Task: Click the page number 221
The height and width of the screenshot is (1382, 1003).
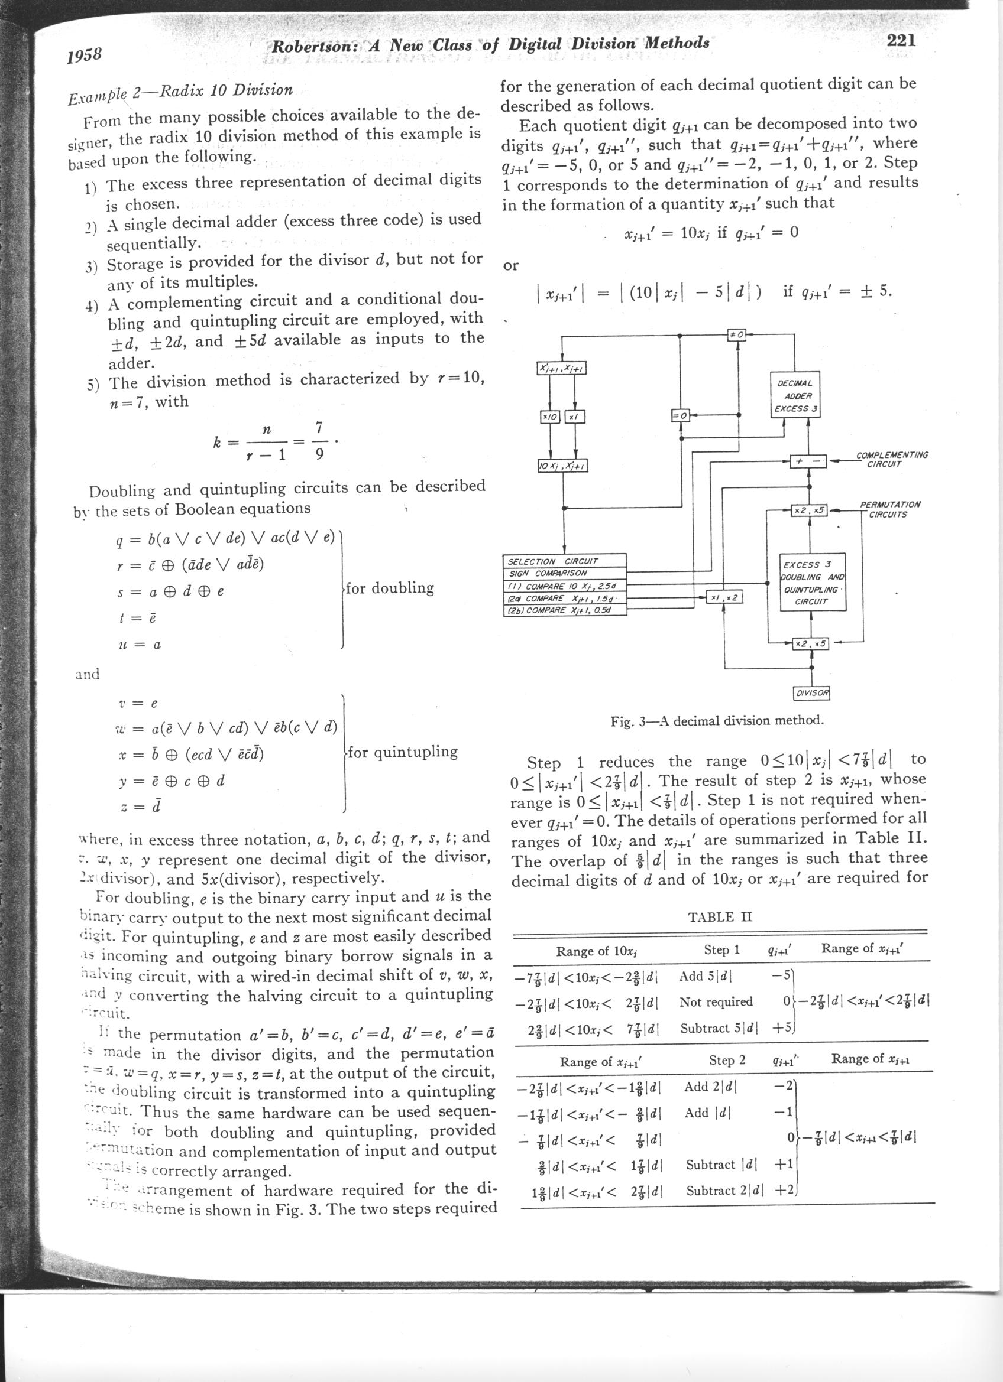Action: point(901,40)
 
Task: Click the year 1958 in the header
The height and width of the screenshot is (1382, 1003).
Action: point(84,56)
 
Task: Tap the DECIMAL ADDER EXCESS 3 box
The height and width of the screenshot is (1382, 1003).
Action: point(795,395)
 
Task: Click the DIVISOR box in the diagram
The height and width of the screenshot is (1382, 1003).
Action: point(812,693)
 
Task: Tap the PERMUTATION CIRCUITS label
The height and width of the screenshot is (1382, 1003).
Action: point(889,509)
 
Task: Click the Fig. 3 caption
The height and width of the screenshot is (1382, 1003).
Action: point(717,721)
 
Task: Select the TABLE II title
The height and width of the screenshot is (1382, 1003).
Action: point(720,916)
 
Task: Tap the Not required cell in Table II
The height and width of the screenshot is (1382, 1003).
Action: point(716,1001)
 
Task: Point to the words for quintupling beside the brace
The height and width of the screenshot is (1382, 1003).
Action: point(403,752)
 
